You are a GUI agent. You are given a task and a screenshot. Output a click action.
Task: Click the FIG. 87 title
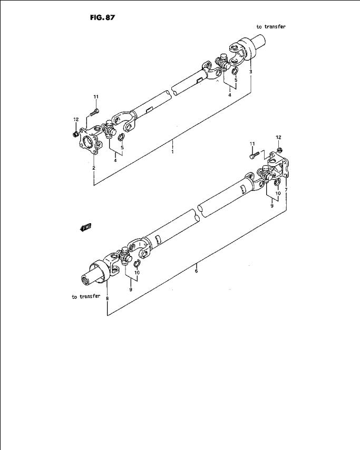pyautogui.click(x=102, y=17)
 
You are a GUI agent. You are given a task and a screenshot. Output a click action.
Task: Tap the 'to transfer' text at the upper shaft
pyautogui.click(x=271, y=27)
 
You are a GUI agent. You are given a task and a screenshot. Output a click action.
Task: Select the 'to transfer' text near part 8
pyautogui.click(x=86, y=296)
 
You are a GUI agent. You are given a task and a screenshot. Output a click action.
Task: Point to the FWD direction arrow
pyautogui.click(x=85, y=227)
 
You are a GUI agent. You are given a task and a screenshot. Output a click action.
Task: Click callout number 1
pyautogui.click(x=172, y=151)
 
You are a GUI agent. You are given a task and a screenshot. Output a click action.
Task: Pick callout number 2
pyautogui.click(x=94, y=168)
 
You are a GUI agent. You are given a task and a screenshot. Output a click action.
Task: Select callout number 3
pyautogui.click(x=251, y=71)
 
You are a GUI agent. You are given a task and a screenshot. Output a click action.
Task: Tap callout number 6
pyautogui.click(x=196, y=271)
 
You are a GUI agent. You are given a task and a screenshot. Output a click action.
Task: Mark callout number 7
pyautogui.click(x=286, y=190)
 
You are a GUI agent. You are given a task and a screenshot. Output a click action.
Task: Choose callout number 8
pyautogui.click(x=107, y=299)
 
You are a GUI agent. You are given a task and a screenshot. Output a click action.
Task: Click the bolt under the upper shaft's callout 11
pyautogui.click(x=94, y=112)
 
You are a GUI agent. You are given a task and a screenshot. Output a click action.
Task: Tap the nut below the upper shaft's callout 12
pyautogui.click(x=76, y=133)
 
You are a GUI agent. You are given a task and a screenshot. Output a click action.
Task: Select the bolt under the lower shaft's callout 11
pyautogui.click(x=255, y=155)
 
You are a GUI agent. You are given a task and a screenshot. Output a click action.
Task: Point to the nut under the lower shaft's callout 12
pyautogui.click(x=280, y=149)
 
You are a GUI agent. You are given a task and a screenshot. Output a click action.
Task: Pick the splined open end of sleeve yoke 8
pyautogui.click(x=86, y=279)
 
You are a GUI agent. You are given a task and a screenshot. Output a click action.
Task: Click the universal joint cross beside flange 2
pyautogui.click(x=110, y=129)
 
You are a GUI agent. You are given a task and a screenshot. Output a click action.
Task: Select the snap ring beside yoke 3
pyautogui.click(x=235, y=71)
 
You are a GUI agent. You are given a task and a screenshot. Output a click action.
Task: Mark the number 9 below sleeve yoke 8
pyautogui.click(x=131, y=290)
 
